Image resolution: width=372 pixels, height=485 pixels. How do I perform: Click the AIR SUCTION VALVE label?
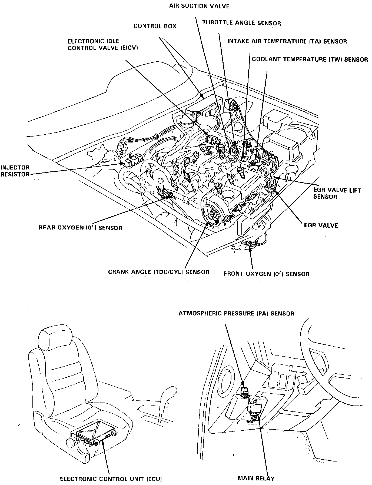click(199, 6)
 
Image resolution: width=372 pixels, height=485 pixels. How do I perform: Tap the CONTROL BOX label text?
click(155, 26)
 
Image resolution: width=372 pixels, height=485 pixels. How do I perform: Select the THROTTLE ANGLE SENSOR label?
click(242, 23)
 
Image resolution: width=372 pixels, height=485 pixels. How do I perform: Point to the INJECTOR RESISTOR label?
click(15, 171)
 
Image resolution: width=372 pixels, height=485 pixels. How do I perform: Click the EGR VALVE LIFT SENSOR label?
click(337, 193)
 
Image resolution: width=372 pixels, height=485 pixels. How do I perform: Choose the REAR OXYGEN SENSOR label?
click(81, 228)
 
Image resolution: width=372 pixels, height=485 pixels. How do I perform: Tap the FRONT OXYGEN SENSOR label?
click(266, 274)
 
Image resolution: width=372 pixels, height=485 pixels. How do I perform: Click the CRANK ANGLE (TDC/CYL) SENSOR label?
click(159, 272)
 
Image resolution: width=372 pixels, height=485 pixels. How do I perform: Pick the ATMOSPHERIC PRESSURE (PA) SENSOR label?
click(237, 313)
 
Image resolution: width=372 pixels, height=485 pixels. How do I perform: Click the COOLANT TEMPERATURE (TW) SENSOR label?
click(310, 59)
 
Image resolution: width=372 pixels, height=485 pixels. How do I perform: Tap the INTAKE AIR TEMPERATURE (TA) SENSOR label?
click(287, 41)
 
